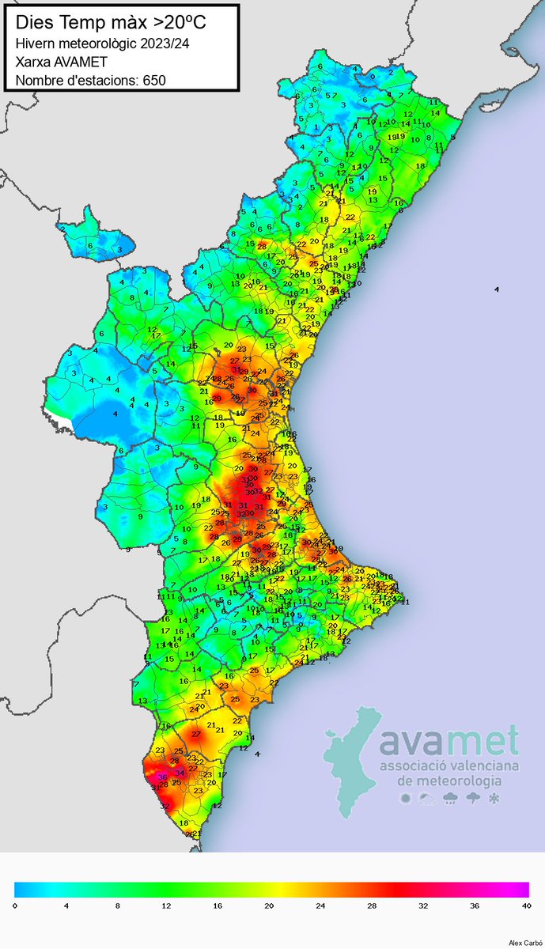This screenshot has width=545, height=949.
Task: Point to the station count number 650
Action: [153, 79]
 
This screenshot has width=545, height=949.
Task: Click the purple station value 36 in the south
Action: [162, 777]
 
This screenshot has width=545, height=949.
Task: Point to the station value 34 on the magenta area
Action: [180, 773]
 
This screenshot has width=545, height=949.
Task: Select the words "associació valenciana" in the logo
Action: [448, 766]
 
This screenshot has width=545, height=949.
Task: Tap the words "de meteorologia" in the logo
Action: [448, 781]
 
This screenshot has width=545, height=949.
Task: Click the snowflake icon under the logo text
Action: [494, 799]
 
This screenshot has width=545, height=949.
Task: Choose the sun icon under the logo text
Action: [406, 799]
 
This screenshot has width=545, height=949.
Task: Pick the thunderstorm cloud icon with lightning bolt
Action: [472, 799]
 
